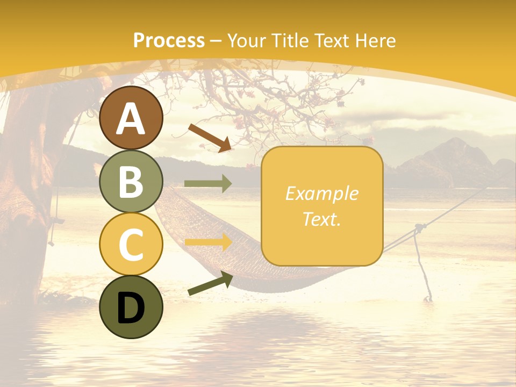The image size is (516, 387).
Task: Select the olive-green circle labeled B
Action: (131, 181)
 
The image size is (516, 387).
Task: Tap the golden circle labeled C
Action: (131, 245)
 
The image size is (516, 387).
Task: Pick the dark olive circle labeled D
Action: (131, 307)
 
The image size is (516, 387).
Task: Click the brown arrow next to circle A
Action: (210, 138)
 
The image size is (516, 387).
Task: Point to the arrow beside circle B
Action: (208, 184)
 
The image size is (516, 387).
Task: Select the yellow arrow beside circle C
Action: (208, 242)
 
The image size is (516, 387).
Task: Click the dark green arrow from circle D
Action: (210, 284)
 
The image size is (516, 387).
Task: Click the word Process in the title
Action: (169, 41)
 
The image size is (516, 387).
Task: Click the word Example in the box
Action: (321, 193)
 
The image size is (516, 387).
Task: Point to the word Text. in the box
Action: (321, 219)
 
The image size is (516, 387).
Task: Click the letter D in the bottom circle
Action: (131, 308)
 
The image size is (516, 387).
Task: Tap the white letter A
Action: (131, 119)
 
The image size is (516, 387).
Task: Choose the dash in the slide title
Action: (216, 41)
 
